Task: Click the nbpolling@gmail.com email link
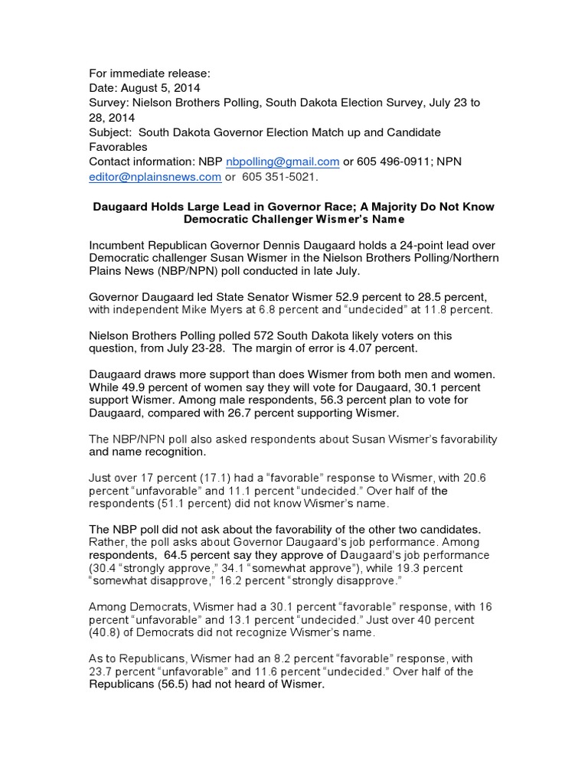point(289,162)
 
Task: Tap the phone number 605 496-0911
point(390,162)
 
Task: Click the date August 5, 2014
point(158,88)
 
